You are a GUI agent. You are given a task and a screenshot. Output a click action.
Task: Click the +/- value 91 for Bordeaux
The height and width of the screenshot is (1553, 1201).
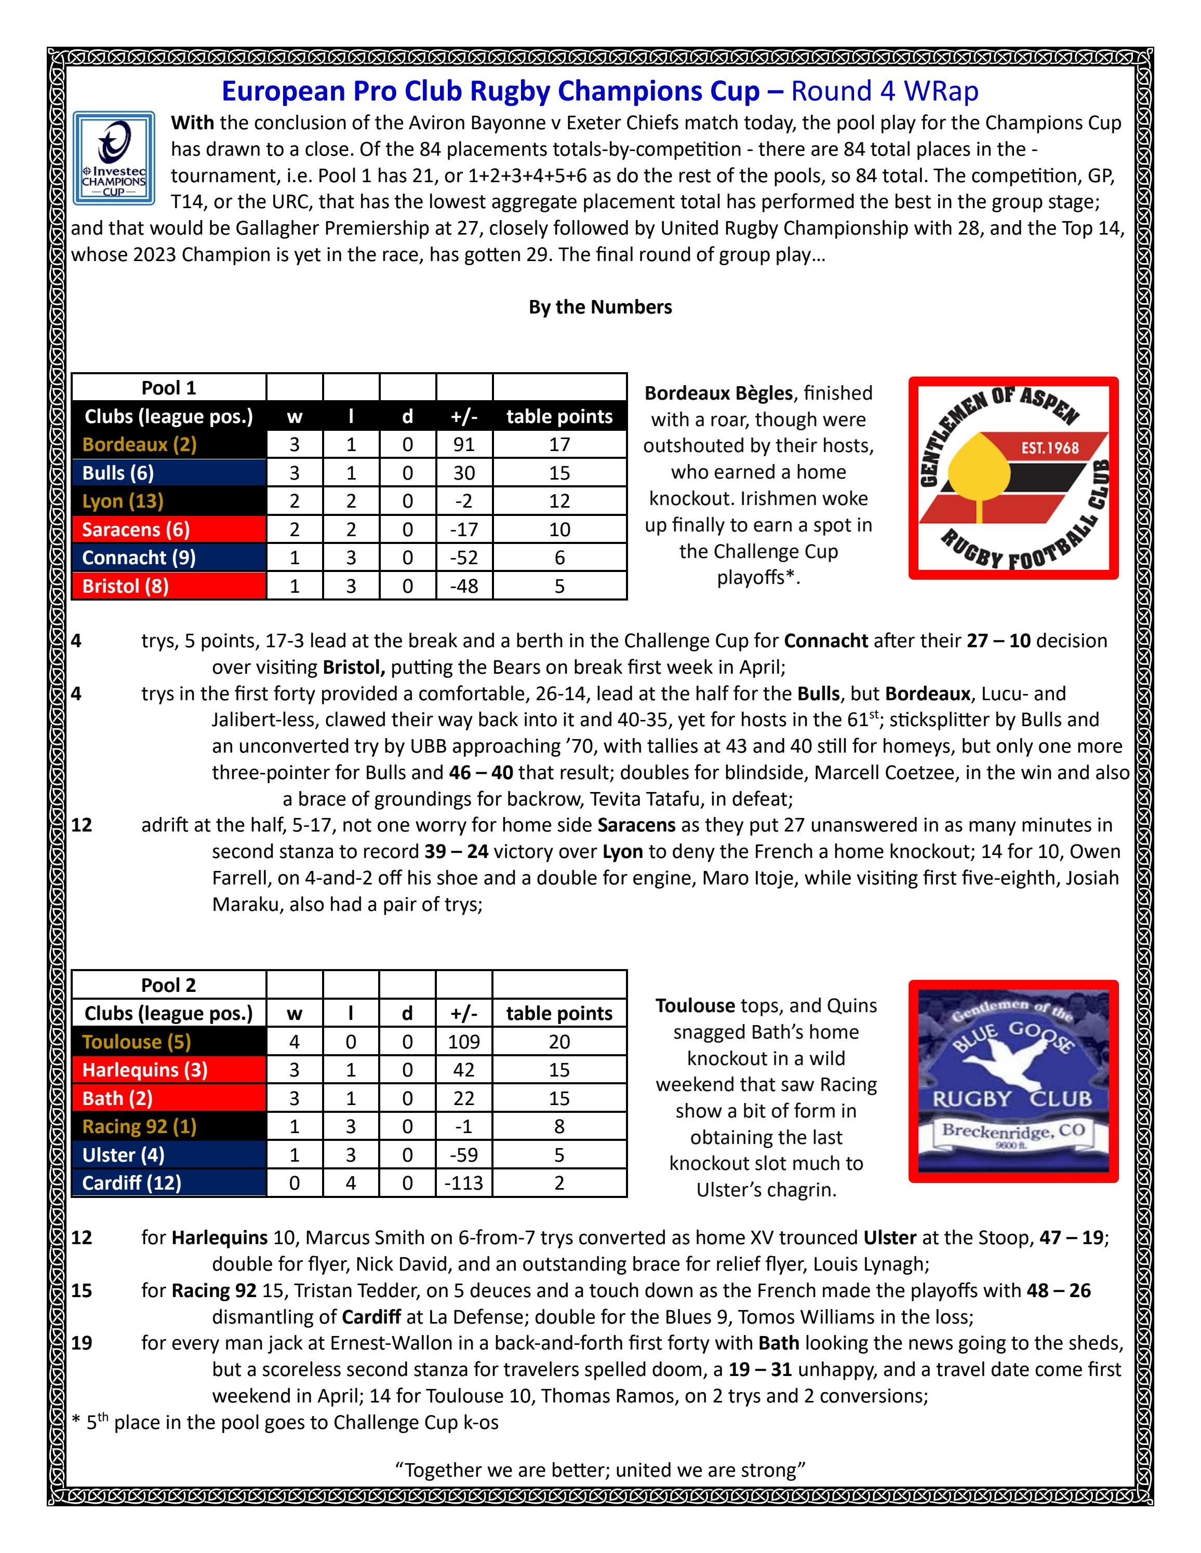[464, 444]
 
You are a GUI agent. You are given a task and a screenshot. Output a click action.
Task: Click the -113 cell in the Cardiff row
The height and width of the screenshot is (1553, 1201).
[464, 1182]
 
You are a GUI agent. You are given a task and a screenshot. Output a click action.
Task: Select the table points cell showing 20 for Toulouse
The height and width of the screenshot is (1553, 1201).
[559, 1042]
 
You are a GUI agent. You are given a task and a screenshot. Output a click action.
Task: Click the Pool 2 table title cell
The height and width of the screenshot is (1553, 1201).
[169, 985]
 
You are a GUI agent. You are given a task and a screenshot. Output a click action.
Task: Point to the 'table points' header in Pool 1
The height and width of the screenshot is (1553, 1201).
[559, 416]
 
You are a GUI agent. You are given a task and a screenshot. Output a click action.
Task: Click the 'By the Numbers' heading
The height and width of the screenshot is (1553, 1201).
[600, 307]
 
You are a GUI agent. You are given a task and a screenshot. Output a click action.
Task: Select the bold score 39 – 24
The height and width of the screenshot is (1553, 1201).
[456, 851]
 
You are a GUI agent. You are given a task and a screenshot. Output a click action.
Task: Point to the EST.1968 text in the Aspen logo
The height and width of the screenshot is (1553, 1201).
[1049, 448]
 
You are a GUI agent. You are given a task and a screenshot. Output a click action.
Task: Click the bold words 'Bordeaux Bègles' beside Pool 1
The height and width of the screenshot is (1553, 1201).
[718, 393]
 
